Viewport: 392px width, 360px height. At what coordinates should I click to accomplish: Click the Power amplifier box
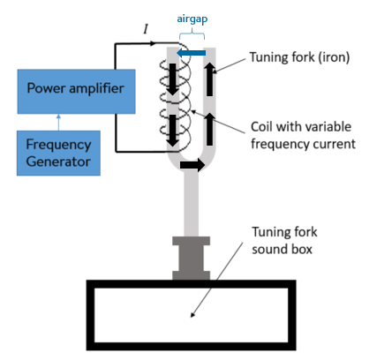click(77, 92)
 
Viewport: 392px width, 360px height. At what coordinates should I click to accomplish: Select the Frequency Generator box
click(58, 153)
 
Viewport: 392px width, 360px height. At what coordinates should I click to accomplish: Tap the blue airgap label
click(192, 19)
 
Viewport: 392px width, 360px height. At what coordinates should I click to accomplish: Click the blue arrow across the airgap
click(191, 53)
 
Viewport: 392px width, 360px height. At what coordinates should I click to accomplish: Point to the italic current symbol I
click(146, 29)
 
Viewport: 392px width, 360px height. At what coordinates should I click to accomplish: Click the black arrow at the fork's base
click(192, 165)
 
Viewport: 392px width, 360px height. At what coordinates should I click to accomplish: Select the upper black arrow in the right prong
click(209, 79)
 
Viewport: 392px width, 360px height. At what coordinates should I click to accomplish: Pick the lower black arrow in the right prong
click(209, 129)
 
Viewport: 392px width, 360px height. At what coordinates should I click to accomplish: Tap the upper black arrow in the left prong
click(173, 79)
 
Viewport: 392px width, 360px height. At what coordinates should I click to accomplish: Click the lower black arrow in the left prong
click(173, 131)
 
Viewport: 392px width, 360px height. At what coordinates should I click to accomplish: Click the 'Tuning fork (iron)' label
click(299, 57)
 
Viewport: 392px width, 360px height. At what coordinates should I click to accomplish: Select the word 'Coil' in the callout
click(261, 127)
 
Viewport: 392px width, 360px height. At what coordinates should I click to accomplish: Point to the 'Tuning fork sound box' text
click(284, 240)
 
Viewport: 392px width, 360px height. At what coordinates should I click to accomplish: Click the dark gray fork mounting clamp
click(191, 258)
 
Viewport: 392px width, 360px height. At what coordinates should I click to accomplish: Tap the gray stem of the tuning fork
click(191, 204)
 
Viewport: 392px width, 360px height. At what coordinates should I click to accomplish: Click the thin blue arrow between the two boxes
click(58, 123)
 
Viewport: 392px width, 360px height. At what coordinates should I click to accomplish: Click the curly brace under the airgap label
click(192, 34)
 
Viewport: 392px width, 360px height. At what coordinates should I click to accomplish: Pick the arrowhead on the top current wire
click(153, 43)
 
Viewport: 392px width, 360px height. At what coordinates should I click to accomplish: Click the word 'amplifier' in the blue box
click(96, 88)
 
